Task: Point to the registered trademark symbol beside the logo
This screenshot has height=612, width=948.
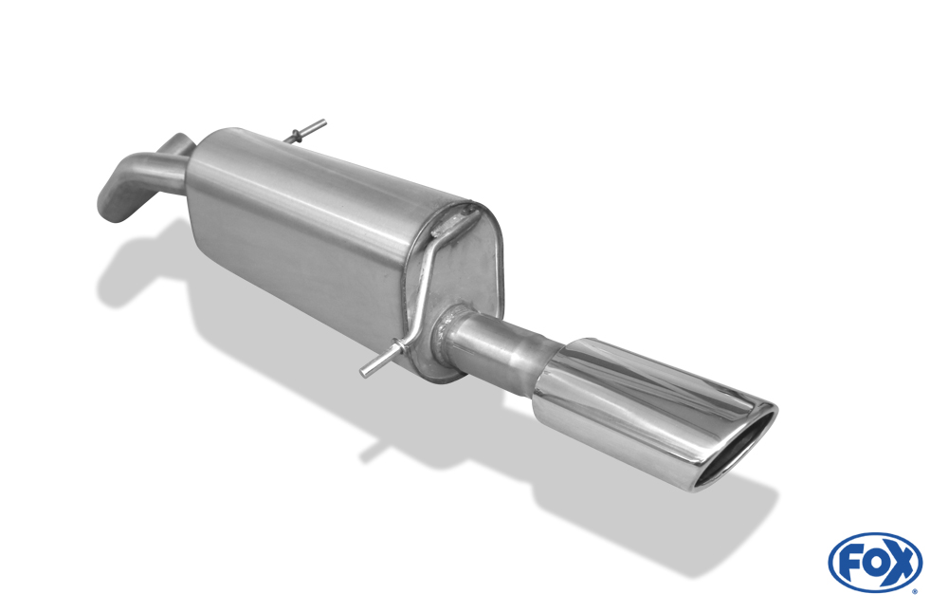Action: pyautogui.click(x=916, y=591)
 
